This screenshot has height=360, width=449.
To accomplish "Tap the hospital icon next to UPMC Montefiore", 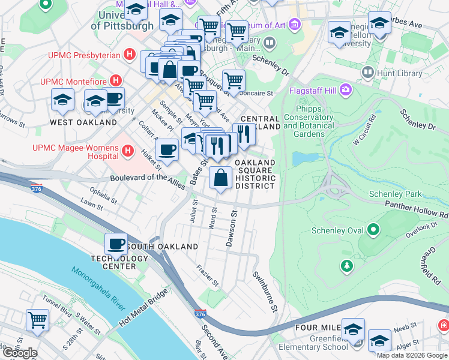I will coord(116,80).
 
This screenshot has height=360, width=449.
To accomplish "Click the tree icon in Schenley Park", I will coord(346,265).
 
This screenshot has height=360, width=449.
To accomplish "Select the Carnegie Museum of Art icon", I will coord(294,25).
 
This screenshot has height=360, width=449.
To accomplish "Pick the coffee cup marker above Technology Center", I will coord(116,244).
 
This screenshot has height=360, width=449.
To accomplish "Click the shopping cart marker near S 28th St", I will coord(37,320).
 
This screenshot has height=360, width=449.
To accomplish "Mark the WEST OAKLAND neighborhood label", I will coord(83,122).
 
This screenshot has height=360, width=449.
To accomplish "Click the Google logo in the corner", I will coord(19,353).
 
